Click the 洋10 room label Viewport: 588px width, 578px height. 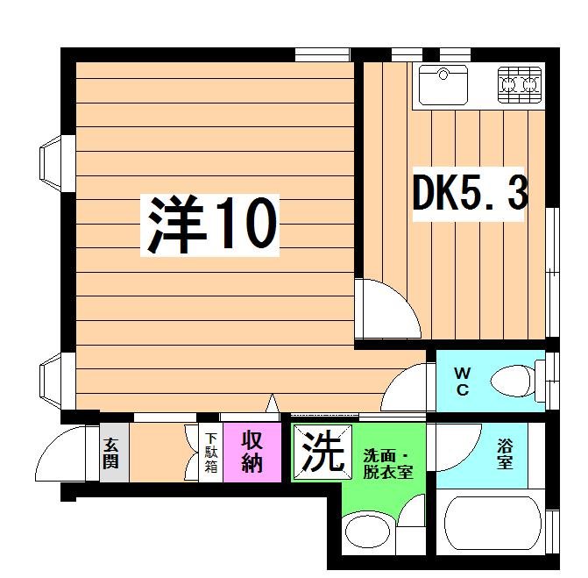(211, 225)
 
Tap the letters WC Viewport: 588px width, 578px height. (462, 381)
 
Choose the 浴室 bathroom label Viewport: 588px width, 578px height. (506, 453)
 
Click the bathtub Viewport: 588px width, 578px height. (494, 525)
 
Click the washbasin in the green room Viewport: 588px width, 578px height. (366, 531)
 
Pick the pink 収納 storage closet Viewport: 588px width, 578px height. (252, 451)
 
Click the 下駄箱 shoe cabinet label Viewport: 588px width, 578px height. (210, 452)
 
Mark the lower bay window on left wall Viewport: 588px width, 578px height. (51, 381)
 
